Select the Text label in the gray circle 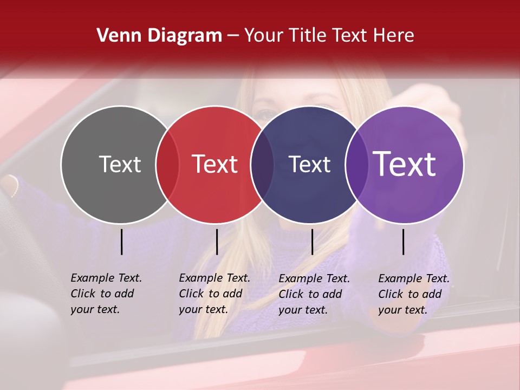coord(120,164)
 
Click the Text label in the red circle coord(214,164)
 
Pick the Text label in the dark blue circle coord(309,164)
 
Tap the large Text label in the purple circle coord(405,164)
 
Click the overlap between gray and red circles coord(167,164)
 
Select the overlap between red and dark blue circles coord(262,164)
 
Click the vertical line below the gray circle coord(122,242)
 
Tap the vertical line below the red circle coord(217,242)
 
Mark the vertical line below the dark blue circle coord(312,242)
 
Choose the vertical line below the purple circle coord(403,242)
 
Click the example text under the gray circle coord(106,294)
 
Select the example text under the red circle coord(214,294)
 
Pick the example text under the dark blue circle coord(314,294)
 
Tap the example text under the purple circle coord(413,294)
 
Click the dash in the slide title coord(233,36)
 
